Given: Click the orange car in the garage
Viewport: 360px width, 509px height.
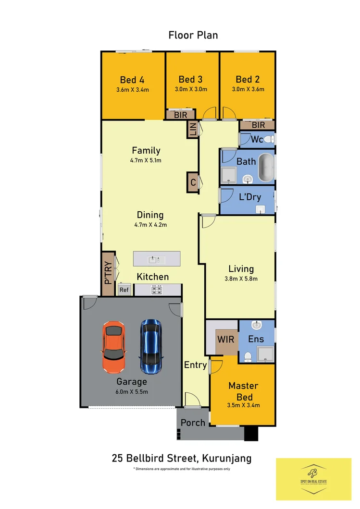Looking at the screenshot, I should [113, 347].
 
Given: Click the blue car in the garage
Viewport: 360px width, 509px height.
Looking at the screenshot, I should [151, 347].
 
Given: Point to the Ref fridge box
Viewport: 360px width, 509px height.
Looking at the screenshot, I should [124, 290].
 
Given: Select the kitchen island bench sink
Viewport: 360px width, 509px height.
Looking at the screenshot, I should [157, 259].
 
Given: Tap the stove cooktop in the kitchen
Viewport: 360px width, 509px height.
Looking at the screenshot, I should [157, 290].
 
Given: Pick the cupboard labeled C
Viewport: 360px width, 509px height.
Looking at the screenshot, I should [193, 182].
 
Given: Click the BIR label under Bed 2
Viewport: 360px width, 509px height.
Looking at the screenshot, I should [258, 125].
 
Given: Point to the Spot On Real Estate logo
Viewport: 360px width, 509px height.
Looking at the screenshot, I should [313, 479].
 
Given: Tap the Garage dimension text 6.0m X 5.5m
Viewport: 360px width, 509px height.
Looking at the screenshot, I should [131, 391].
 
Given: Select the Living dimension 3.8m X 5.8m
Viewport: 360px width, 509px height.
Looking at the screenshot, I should [241, 279].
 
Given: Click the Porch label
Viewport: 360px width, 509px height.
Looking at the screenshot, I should [193, 423].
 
